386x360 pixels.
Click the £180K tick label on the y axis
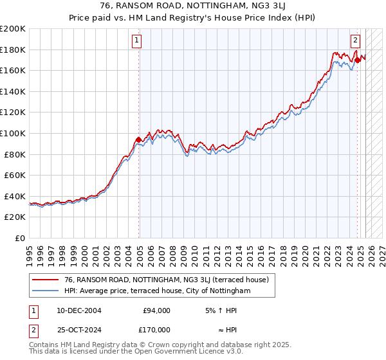pos(13,50)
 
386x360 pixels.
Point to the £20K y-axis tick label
pos(15,217)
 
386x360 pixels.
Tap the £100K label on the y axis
pos(13,133)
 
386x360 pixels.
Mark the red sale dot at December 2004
pos(138,139)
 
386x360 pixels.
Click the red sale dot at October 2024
pos(357,60)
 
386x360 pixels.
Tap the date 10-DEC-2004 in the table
pos(78,310)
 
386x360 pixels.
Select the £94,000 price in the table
pos(156,310)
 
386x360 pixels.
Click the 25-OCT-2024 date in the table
pos(78,329)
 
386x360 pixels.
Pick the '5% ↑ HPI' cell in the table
pos(220,310)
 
